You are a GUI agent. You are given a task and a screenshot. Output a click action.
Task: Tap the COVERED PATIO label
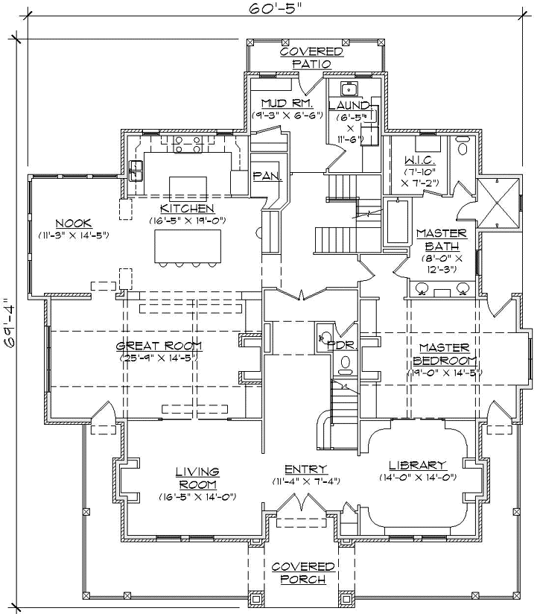click(x=311, y=57)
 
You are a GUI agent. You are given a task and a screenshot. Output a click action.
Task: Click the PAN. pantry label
click(x=267, y=177)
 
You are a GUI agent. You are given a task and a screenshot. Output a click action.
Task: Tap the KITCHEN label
click(x=188, y=208)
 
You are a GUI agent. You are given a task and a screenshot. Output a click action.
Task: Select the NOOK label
click(x=73, y=223)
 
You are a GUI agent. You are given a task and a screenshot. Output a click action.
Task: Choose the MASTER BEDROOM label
click(x=443, y=353)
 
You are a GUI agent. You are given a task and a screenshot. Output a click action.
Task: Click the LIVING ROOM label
click(x=197, y=476)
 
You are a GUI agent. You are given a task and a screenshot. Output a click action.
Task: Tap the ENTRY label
click(x=305, y=469)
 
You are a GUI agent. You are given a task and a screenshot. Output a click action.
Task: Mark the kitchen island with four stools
click(x=188, y=245)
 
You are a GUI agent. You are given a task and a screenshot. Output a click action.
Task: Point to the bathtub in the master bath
click(x=396, y=221)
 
